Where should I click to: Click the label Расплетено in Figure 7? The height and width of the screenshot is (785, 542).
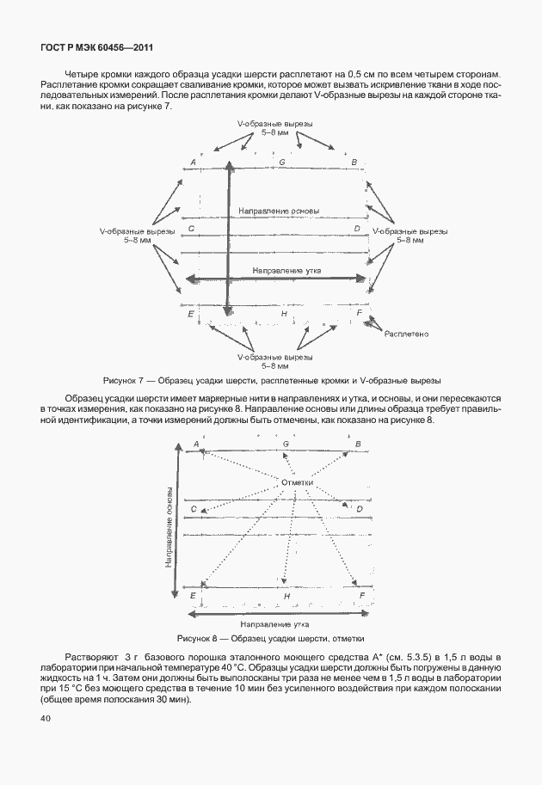pyautogui.click(x=407, y=333)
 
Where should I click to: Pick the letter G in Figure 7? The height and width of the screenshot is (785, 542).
pyautogui.click(x=282, y=162)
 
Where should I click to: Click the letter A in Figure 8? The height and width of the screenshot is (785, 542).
pyautogui.click(x=196, y=444)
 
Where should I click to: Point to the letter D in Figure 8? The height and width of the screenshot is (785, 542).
pyautogui.click(x=359, y=509)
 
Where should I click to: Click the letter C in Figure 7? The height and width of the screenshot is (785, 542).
pyautogui.click(x=190, y=229)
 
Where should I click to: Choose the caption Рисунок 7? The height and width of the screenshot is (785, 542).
pyautogui.click(x=271, y=379)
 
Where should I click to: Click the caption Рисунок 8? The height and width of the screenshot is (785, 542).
pyautogui.click(x=270, y=639)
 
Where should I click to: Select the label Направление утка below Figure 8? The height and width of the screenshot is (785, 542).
pyautogui.click(x=274, y=623)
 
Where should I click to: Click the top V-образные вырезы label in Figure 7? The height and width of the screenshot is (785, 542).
pyautogui.click(x=275, y=128)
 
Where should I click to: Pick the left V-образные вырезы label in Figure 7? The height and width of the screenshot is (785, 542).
pyautogui.click(x=138, y=236)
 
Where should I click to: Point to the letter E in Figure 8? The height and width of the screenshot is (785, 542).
pyautogui.click(x=193, y=595)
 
